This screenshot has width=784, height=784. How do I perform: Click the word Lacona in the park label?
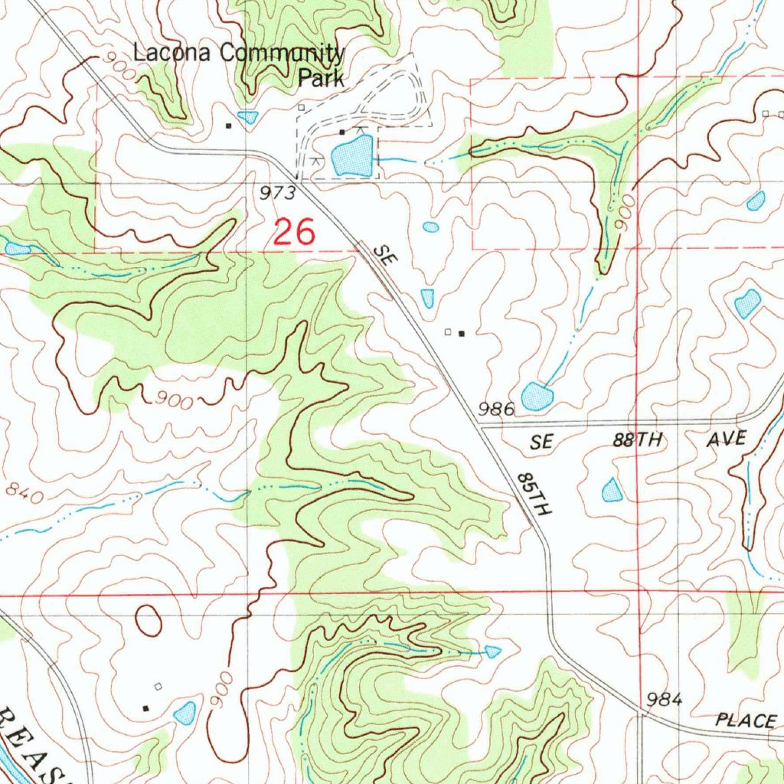(173, 54)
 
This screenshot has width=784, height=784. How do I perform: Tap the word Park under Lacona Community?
(321, 78)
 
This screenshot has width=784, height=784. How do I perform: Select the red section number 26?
(293, 232)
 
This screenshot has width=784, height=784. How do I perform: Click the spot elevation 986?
(496, 409)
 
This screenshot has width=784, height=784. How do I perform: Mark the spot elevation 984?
(664, 698)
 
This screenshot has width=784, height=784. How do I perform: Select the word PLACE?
(746, 720)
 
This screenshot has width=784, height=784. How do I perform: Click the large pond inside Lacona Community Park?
(352, 155)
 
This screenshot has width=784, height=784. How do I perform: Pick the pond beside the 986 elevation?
(537, 396)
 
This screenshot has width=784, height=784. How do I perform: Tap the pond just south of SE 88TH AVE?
(612, 490)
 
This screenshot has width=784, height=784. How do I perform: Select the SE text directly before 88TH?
(541, 442)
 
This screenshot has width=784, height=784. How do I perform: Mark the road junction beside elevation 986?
(480, 424)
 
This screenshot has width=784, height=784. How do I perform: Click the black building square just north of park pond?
(342, 132)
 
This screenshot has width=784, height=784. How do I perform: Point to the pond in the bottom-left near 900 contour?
(185, 713)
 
